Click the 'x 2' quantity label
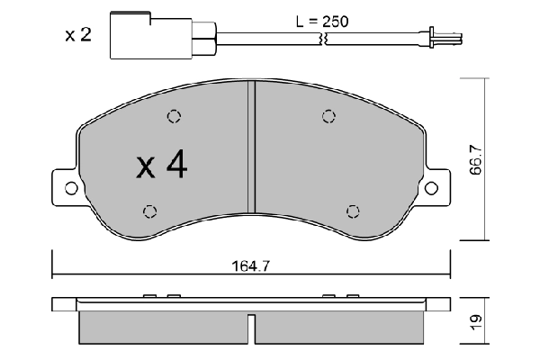(79, 36)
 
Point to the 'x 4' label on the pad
(161, 165)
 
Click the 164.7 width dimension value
(252, 265)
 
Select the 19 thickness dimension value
(474, 319)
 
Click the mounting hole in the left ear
(67, 188)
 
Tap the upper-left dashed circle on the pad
(174, 116)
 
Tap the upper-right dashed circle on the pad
(328, 116)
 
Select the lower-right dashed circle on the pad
(352, 211)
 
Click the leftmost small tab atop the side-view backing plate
(149, 295)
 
